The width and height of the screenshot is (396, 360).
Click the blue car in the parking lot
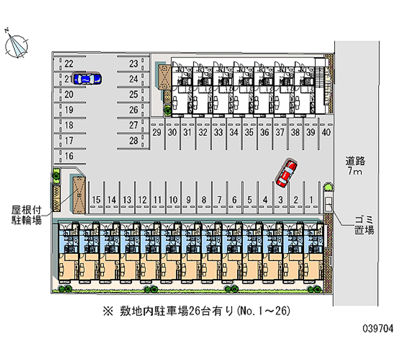point(87,79)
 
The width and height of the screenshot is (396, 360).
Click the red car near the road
point(287,173)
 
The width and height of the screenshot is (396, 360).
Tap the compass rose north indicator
point(16,44)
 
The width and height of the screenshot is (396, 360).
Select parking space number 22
point(69,64)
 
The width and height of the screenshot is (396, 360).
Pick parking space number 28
point(134,141)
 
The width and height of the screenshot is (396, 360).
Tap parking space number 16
point(69,156)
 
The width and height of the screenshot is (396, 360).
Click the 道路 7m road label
point(355,166)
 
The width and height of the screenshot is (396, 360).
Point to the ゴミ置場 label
point(364,225)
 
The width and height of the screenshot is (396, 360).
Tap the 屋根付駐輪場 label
point(27,215)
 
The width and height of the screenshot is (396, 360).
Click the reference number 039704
point(378,328)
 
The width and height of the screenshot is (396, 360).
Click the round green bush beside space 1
point(328,187)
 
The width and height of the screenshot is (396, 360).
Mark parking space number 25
point(134,95)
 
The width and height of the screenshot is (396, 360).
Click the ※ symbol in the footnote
point(108,311)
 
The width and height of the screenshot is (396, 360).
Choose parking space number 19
point(69,110)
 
